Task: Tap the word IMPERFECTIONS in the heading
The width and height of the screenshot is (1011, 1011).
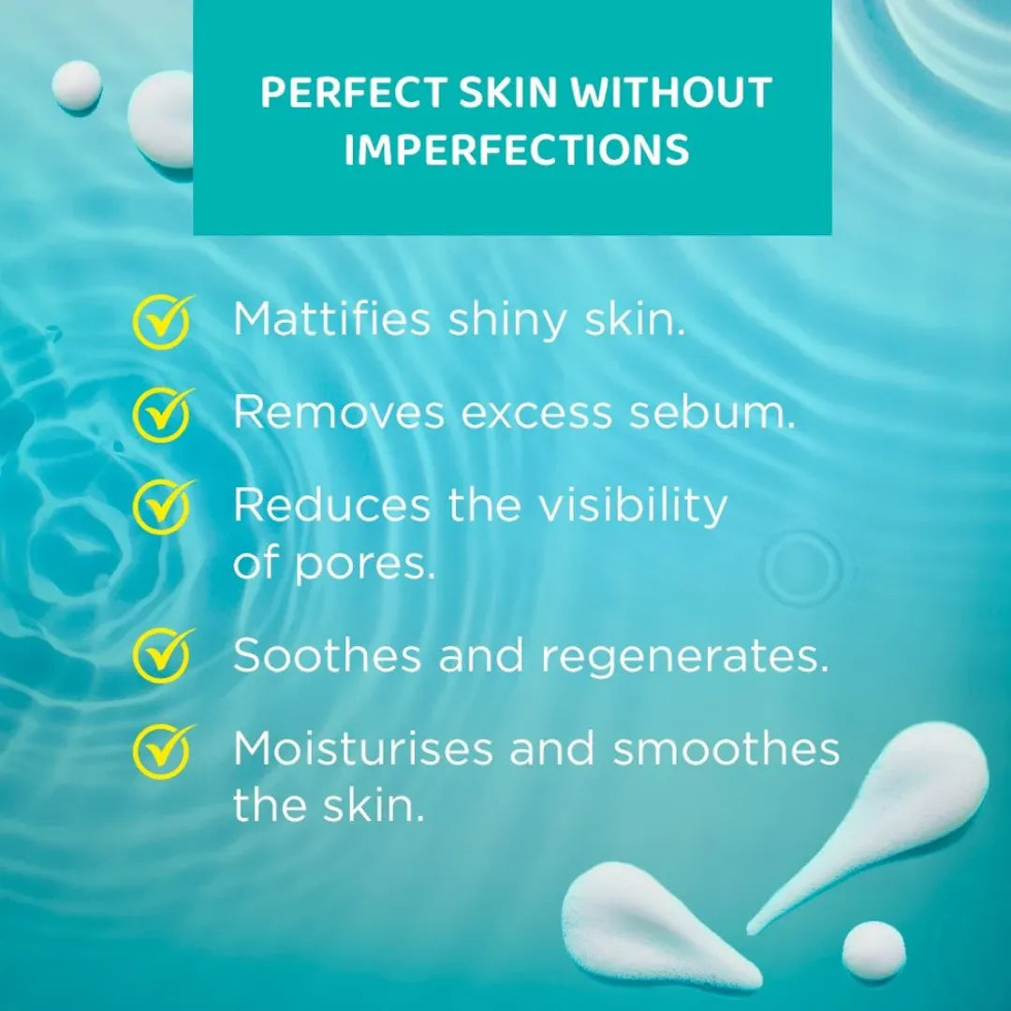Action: point(517,150)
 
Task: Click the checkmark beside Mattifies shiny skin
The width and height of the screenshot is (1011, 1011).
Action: point(161,321)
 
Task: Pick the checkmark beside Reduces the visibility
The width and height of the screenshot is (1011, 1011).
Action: point(161,506)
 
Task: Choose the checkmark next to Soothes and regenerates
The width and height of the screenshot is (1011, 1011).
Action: point(161,655)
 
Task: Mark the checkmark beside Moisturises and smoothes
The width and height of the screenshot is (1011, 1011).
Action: point(161,750)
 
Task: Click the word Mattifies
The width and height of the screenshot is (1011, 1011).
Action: point(332,320)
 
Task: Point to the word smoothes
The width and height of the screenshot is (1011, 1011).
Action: point(726,749)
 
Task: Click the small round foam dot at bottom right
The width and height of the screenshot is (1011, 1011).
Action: point(873,950)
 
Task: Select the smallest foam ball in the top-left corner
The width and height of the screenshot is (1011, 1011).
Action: point(77,84)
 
